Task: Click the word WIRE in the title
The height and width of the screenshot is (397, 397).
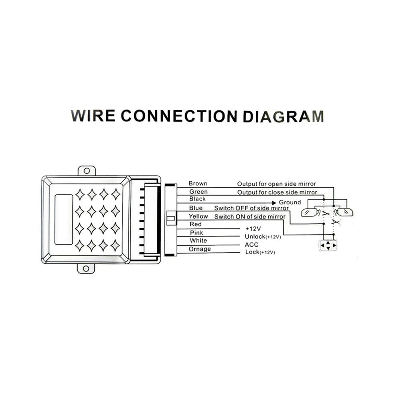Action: tap(93, 116)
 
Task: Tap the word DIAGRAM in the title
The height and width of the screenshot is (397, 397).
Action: tap(284, 116)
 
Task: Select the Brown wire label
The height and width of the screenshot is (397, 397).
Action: tap(198, 183)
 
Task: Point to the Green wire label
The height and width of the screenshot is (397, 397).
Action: tap(198, 192)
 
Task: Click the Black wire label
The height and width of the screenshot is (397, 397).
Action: tap(197, 199)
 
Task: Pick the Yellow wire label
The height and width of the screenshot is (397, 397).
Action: tap(198, 216)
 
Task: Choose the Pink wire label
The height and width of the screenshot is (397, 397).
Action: tap(196, 233)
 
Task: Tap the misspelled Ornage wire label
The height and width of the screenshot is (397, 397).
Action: tap(200, 249)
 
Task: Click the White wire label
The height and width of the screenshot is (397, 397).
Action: tap(198, 241)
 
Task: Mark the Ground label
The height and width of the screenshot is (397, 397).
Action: tap(290, 202)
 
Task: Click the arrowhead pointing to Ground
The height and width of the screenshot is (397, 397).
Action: tap(274, 203)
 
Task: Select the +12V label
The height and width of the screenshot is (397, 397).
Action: tap(253, 229)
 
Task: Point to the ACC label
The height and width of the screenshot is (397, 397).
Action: tap(252, 245)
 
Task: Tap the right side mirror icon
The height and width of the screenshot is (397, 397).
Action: tap(344, 212)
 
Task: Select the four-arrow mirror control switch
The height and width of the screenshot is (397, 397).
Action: tap(328, 245)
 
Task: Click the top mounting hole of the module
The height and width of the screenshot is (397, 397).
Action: tap(87, 171)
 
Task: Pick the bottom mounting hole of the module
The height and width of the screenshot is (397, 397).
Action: tap(86, 269)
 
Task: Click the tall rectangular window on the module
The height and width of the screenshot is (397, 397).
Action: tap(64, 219)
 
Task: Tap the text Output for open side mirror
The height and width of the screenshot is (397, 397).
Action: tap(276, 184)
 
